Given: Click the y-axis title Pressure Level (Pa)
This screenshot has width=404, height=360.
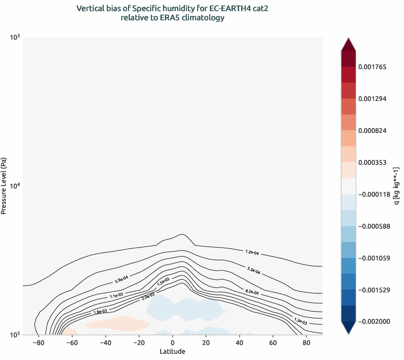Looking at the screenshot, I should (x=4, y=186).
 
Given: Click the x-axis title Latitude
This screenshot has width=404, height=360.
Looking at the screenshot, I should (x=173, y=351).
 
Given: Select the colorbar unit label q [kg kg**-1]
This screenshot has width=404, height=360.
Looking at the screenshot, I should (x=396, y=186).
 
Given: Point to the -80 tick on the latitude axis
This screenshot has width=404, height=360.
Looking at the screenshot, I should (x=38, y=343).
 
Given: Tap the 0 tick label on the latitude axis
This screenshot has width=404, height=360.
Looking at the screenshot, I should (x=173, y=343).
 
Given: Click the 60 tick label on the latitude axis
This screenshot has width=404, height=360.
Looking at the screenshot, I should (x=274, y=343).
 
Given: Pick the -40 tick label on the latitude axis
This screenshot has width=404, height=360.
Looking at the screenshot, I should (x=105, y=343).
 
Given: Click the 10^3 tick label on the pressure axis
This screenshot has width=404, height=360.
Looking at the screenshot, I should (x=14, y=37).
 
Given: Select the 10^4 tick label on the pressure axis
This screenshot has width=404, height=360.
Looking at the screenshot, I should (x=14, y=186).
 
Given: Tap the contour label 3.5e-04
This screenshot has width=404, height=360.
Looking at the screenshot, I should (x=254, y=270).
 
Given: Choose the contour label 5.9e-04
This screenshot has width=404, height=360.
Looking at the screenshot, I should (x=121, y=279).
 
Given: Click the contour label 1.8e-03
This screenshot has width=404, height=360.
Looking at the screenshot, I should (x=100, y=312).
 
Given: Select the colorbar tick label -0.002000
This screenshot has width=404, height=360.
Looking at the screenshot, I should (x=373, y=321).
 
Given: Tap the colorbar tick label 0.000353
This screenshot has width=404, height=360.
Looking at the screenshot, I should (x=372, y=163).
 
